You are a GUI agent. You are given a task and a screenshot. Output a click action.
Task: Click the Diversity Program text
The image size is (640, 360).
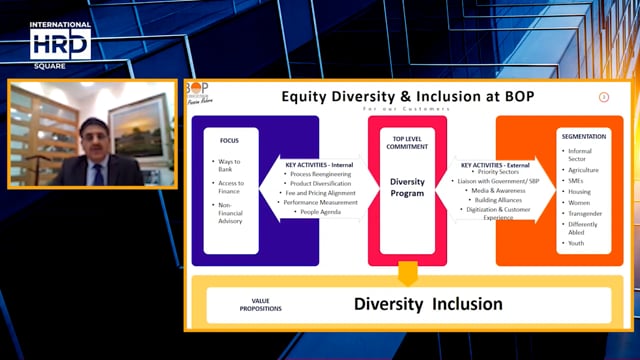point(406,187)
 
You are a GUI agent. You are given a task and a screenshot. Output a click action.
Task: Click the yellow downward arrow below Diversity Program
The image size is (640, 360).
point(406,273)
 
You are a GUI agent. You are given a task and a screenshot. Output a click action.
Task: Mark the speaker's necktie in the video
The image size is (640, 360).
point(98,174)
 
